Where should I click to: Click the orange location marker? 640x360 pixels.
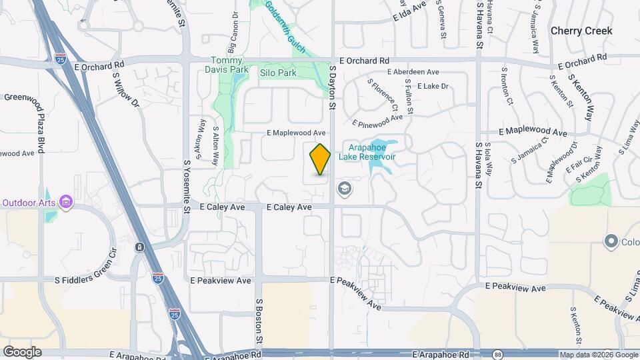point(320,159)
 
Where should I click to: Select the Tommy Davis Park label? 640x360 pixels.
point(229,65)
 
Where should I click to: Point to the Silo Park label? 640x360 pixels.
point(278,72)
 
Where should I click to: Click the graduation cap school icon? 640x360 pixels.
point(345,190)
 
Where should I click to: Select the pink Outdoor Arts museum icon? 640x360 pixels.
point(65,202)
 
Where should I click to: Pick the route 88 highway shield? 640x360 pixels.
point(498,354)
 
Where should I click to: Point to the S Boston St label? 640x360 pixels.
point(259,321)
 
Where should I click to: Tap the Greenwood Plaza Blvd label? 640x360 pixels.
point(40,123)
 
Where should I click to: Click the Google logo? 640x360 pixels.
point(22,352)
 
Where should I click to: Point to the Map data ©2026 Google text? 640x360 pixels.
point(597,355)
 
